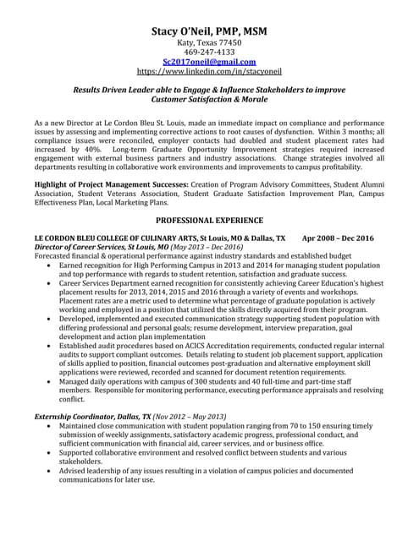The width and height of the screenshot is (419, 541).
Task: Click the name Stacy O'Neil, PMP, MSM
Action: [x=209, y=31]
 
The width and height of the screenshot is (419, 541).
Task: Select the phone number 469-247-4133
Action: [x=209, y=52]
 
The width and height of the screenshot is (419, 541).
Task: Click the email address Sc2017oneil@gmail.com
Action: [x=209, y=63]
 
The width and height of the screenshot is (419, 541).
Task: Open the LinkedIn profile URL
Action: [x=209, y=73]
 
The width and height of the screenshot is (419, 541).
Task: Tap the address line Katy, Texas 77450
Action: [x=209, y=42]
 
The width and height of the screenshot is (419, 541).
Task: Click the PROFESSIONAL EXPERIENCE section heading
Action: [x=209, y=219]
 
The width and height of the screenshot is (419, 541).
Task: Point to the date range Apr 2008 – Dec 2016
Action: [x=338, y=238]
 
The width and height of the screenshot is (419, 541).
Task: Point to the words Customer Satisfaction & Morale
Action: [x=209, y=99]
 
